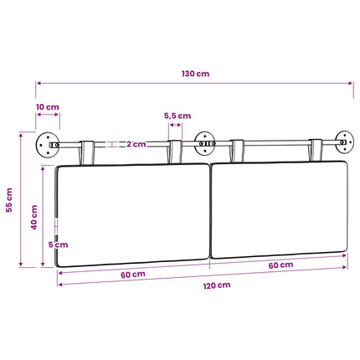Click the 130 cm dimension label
[x=195, y=74]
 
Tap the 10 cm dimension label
[x=48, y=107]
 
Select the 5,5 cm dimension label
[x=177, y=116]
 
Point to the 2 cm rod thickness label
[x=136, y=144]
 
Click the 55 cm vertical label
[x=9, y=200]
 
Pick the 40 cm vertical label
[x=33, y=218]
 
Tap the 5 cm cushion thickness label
[x=58, y=244]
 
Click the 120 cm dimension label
[x=217, y=285]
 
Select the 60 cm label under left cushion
[x=133, y=275]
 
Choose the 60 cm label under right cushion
[x=280, y=265]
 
